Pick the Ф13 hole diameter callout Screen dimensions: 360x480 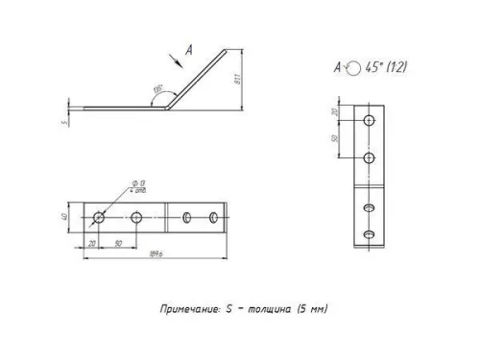coord(139,182)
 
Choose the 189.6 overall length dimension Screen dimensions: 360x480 coord(152,256)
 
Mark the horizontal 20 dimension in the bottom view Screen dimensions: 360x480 coord(91,244)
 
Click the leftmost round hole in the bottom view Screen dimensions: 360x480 coord(98,218)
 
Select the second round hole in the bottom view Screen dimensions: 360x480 coord(137,218)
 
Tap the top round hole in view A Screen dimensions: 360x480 coord(370,122)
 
